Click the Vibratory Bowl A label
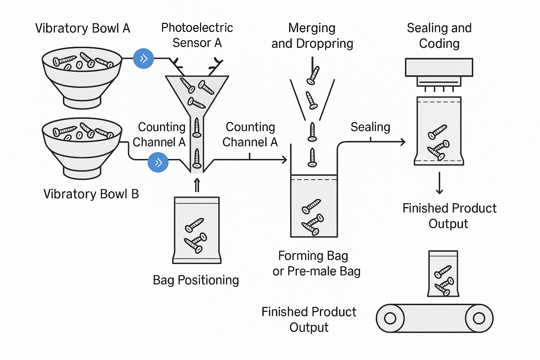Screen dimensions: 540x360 (83, 28)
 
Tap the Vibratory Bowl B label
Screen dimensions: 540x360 (91, 194)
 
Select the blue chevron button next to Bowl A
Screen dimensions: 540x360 (143, 59)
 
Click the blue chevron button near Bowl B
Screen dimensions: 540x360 (158, 162)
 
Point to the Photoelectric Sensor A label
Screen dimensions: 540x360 (197, 35)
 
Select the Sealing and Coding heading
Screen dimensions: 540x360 (439, 36)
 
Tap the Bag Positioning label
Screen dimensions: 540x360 (196, 280)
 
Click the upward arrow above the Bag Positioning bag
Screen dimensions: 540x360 (197, 185)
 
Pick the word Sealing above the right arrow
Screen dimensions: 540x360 (370, 127)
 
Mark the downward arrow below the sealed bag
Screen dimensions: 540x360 (439, 183)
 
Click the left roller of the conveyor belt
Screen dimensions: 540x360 (390, 318)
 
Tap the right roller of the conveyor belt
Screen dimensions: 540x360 (479, 318)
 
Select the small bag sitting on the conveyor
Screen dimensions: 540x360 (443, 274)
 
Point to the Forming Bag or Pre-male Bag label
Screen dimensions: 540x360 (316, 263)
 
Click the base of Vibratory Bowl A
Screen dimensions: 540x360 (82, 103)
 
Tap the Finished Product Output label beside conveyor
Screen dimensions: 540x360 (309, 320)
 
